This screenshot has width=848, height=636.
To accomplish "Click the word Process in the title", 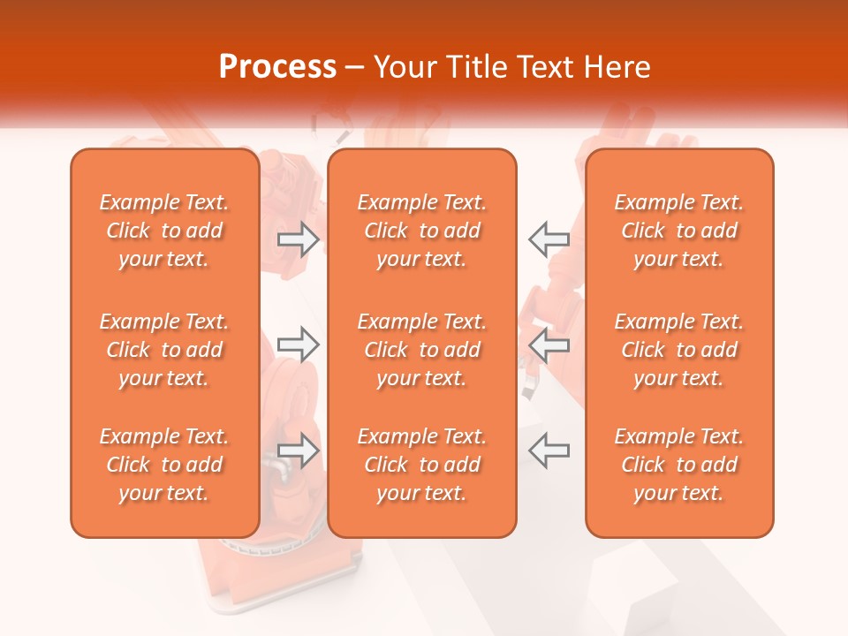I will [277, 67].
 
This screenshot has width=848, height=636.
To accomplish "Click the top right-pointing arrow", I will [298, 238].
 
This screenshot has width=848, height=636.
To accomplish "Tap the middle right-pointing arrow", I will [298, 344].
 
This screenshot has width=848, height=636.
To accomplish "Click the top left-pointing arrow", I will [549, 238].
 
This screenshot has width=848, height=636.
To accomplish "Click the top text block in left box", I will [164, 231].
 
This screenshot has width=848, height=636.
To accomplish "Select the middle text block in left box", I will [164, 350].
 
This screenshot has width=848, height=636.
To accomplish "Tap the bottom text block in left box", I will [164, 465].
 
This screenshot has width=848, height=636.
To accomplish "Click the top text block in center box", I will [422, 231].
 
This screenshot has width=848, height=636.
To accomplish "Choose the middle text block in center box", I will [422, 350].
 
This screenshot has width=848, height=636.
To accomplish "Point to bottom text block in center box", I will [422, 465].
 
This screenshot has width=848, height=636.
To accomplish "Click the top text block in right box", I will [679, 231].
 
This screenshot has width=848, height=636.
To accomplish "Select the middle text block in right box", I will [679, 350].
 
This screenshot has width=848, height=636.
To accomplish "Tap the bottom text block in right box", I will [679, 465].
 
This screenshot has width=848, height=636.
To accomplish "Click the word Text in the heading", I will [546, 67].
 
